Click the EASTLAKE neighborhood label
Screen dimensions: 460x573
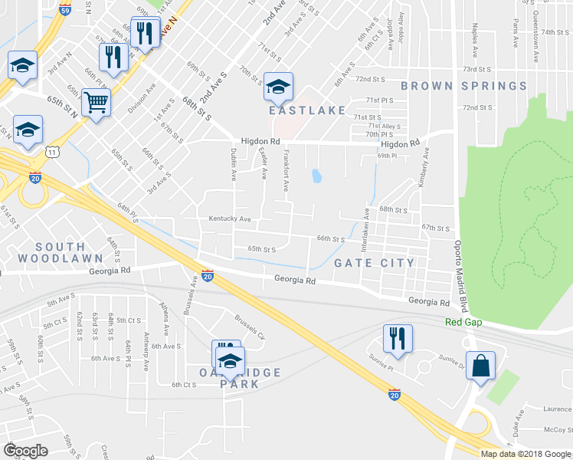[307, 110]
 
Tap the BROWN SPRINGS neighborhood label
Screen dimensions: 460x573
[463, 86]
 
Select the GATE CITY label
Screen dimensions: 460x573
[375, 263]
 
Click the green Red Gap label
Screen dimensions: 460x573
[463, 322]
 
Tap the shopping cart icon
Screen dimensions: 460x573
[96, 103]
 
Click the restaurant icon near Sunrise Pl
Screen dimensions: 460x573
[397, 339]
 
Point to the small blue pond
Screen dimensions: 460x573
[316, 176]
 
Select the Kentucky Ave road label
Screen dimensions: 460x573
[230, 219]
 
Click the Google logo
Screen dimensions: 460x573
[26, 451]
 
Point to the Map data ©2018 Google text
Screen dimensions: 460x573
[525, 454]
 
